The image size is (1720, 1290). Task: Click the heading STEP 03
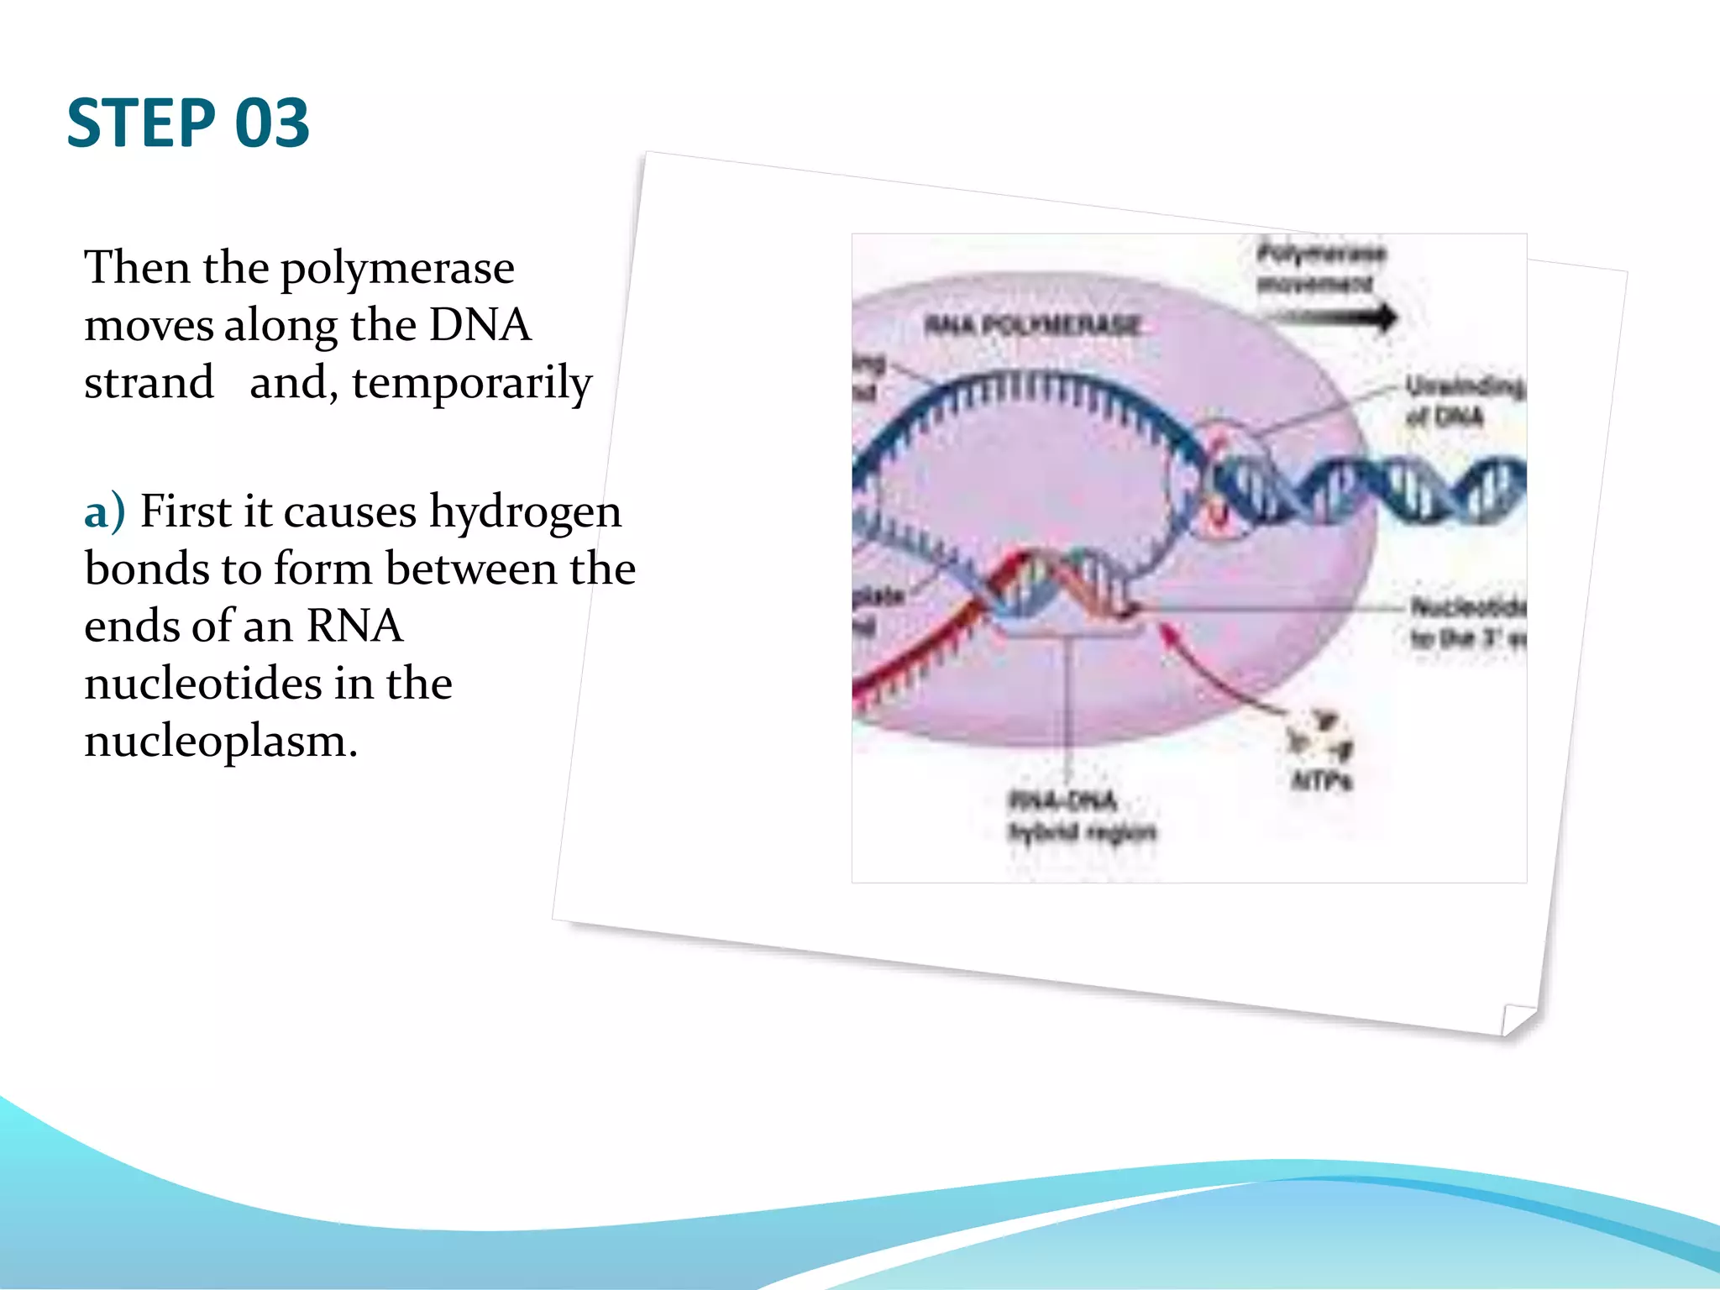coord(188,123)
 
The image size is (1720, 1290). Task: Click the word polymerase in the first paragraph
coord(396,269)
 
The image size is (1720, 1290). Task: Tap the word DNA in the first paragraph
coord(480,326)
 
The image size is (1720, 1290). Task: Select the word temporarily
coord(472,384)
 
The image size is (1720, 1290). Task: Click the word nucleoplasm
coord(220,741)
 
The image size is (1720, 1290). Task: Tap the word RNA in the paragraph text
coord(354,626)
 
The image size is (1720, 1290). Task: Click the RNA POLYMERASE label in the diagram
coord(1032,325)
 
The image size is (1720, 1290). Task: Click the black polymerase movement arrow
coord(1331,317)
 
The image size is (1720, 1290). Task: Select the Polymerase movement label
coord(1319,267)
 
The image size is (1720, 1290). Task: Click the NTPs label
coord(1321,781)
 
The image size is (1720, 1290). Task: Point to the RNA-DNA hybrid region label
coord(1081,815)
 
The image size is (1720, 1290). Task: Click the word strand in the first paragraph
coord(149,384)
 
